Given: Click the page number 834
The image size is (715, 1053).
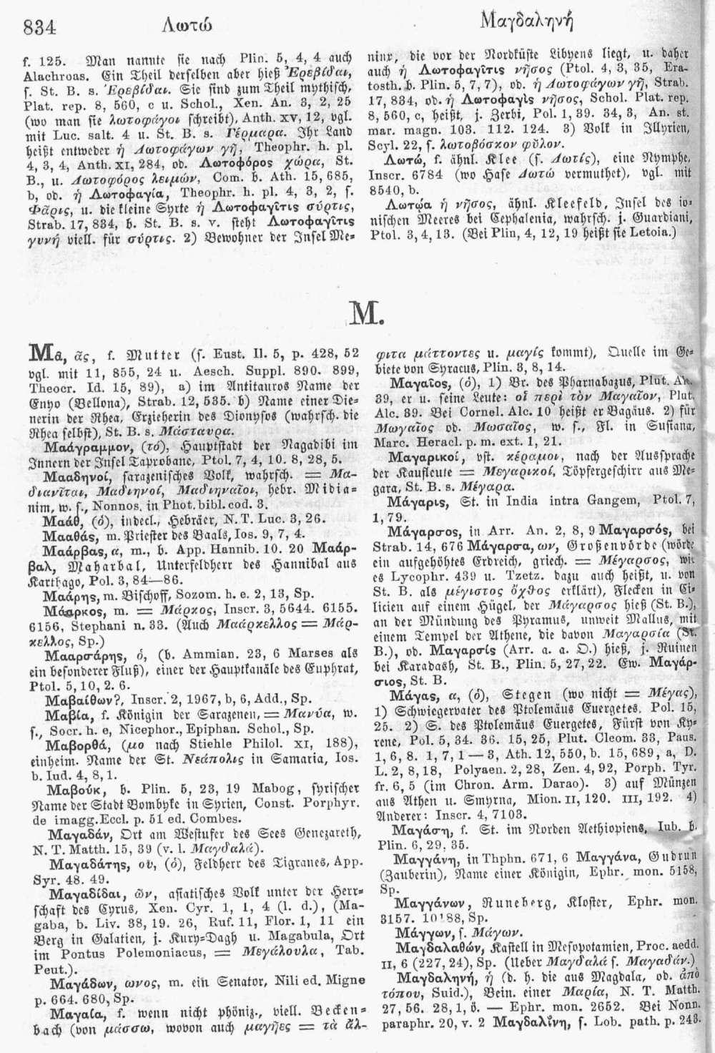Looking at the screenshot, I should pos(40,26).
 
